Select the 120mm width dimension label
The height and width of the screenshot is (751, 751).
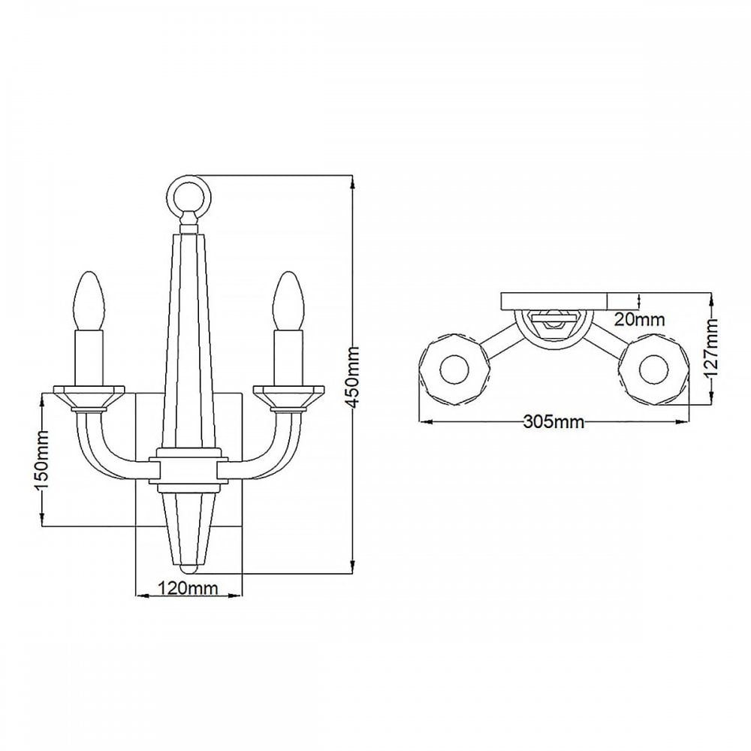188,587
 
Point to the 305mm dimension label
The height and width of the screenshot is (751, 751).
553,422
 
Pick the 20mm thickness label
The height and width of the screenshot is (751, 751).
639,319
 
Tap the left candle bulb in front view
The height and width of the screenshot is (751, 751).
89,300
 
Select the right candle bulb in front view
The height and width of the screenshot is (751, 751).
288,300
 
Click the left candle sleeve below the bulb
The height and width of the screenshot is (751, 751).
89,357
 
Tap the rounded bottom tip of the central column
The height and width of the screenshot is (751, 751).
189,569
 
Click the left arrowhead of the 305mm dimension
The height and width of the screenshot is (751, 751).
426,422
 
